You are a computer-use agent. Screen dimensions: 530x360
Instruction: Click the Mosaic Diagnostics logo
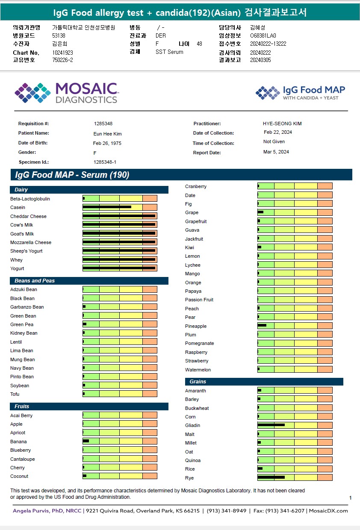pos(66,93)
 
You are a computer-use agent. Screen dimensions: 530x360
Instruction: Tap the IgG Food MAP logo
pos(300,93)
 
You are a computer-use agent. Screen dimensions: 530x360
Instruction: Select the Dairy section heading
pos(21,190)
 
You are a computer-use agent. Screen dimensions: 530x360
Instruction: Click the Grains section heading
pos(198,382)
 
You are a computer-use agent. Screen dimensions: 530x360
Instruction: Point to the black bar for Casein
pos(107,207)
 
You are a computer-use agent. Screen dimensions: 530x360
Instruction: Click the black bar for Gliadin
pos(271,425)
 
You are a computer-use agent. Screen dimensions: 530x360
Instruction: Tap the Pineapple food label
pos(196,326)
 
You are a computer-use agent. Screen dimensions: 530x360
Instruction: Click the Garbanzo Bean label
pos(27,307)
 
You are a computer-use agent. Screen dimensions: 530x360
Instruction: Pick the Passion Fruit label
pos(199,300)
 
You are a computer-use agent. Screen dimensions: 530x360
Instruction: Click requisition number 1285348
pos(103,124)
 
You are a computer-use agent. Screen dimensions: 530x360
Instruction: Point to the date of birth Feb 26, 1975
pos(107,143)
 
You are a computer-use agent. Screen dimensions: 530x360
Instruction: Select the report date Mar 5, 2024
pos(276,152)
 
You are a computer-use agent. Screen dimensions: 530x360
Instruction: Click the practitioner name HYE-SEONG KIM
pos(282,124)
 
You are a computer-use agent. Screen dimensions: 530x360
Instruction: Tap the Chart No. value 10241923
pos(63,53)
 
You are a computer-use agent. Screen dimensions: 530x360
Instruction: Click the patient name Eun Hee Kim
pos(107,134)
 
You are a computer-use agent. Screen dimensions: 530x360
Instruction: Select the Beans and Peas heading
pos(35,281)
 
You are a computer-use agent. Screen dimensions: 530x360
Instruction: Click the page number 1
pos(350,498)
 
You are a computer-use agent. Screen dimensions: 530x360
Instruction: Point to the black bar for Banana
pos(86,441)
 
